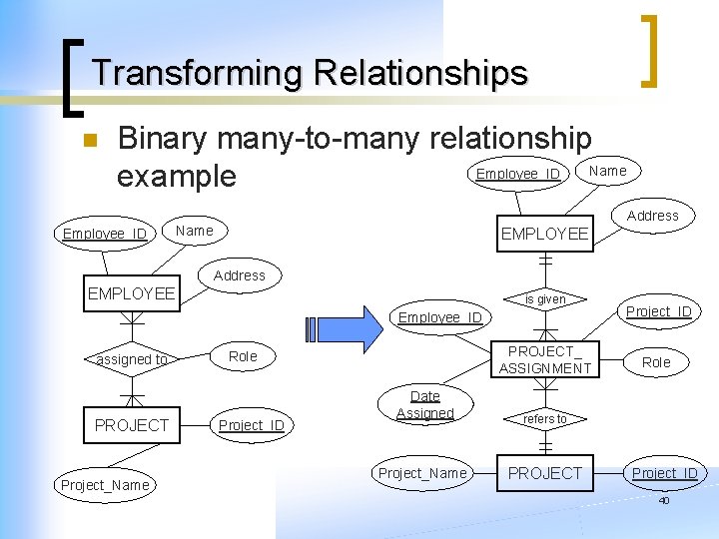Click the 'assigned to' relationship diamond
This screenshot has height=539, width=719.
click(x=132, y=359)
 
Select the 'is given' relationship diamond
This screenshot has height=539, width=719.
click(x=545, y=299)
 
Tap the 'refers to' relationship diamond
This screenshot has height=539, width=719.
click(x=545, y=419)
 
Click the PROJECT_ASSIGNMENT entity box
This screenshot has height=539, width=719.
click(x=545, y=360)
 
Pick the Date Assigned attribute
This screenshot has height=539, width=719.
click(x=424, y=404)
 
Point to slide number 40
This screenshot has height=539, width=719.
click(x=663, y=500)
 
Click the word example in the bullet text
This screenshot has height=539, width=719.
click(x=176, y=177)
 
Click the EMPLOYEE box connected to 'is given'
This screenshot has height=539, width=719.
click(x=545, y=235)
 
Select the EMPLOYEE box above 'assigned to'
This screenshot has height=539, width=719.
click(x=132, y=294)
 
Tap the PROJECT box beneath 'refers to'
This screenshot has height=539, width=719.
click(x=545, y=473)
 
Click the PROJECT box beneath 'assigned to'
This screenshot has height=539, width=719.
click(x=132, y=425)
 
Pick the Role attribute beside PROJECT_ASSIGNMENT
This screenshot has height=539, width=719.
click(x=656, y=362)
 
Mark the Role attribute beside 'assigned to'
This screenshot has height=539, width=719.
click(x=243, y=356)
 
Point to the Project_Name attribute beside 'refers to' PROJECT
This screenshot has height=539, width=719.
click(x=421, y=473)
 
